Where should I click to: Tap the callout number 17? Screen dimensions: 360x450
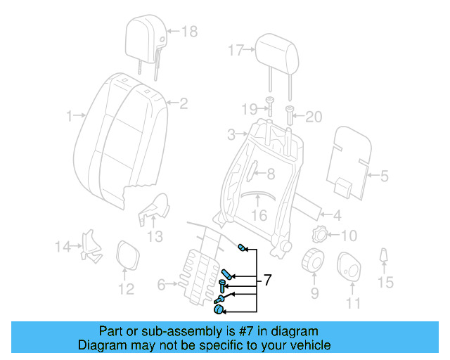click(x=235, y=50)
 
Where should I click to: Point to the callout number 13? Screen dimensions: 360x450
click(x=155, y=236)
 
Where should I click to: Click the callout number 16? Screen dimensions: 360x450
click(x=259, y=216)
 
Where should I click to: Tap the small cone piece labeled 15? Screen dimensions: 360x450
click(x=385, y=258)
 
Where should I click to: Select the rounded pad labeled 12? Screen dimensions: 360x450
click(x=126, y=255)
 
